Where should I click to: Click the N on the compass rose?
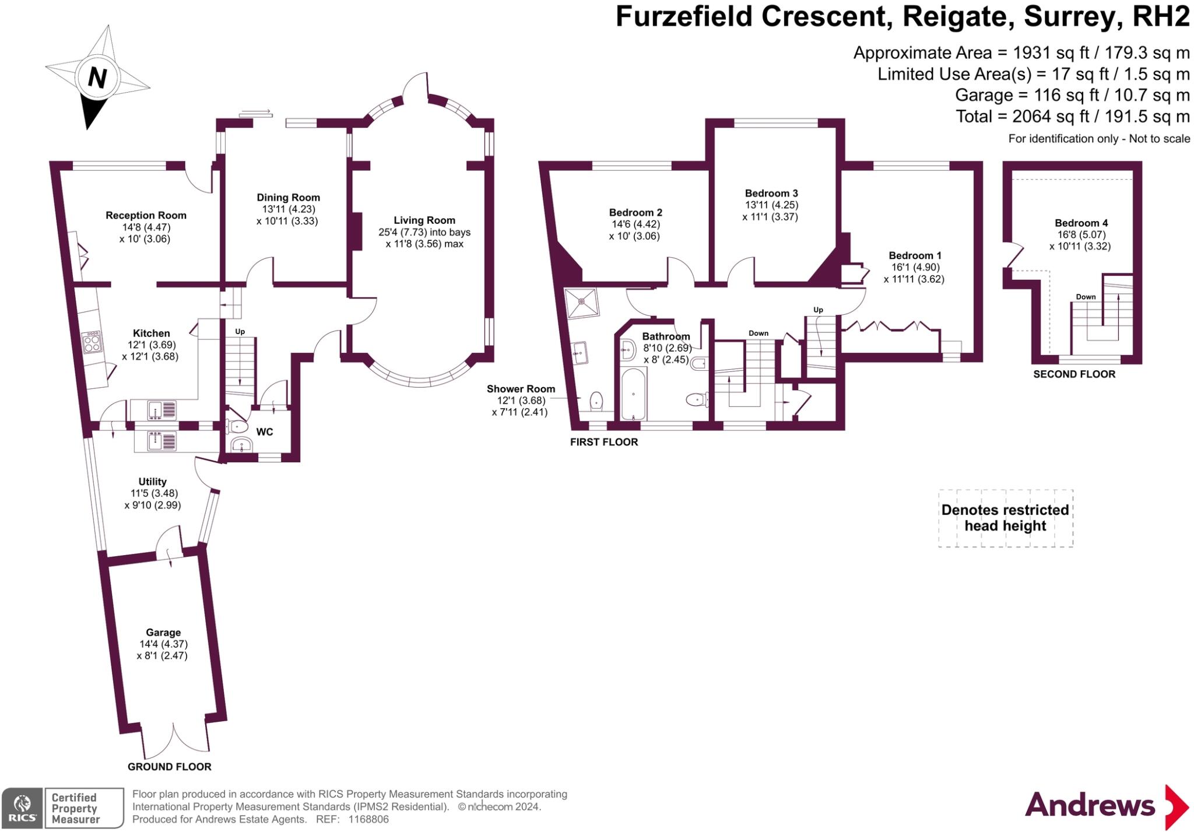[x=97, y=77]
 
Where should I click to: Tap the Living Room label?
[x=424, y=220]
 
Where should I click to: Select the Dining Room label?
[x=288, y=198]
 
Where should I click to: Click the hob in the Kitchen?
[x=92, y=342]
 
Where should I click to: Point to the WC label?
[x=265, y=432]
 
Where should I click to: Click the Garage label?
[x=163, y=633]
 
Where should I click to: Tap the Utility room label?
[x=153, y=482]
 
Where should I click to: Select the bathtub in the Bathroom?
[x=633, y=394]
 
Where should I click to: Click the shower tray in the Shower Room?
[x=581, y=302]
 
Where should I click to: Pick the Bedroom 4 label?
[x=1081, y=223]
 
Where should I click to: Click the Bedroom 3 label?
[x=771, y=193]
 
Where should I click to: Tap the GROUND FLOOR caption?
[x=170, y=767]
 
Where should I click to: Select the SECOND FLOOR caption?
[x=1074, y=374]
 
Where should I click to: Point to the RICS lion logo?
[x=22, y=808]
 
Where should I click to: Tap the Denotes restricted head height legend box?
[x=1006, y=518]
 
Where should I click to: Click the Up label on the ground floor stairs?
[x=240, y=332]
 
